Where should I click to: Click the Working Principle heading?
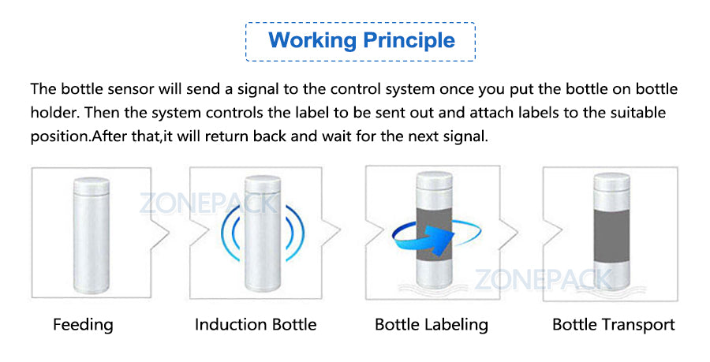361,40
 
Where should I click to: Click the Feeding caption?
83,324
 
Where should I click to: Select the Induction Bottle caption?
256,324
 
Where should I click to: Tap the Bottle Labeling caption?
432,324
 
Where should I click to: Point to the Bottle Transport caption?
613,324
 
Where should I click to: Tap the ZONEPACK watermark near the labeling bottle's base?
542,278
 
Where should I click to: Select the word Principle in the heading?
408,40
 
